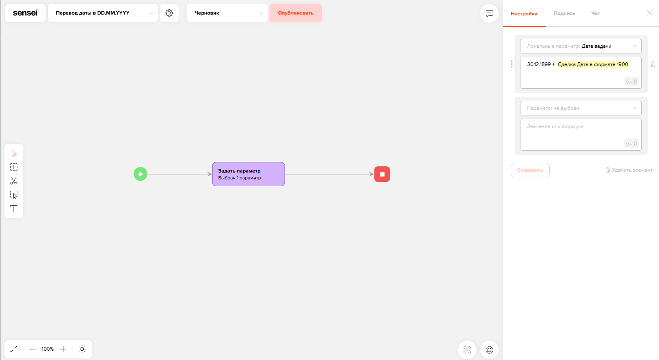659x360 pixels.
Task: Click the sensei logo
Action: coord(26,13)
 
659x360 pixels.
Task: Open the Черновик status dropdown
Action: coord(227,13)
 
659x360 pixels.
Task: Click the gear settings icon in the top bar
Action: coord(169,13)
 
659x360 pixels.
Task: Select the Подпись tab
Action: coord(564,13)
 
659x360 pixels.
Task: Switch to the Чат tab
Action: coord(595,13)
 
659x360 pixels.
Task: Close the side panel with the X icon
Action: coord(650,13)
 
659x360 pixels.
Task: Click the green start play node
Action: coord(140,174)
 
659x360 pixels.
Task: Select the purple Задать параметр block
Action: coord(249,174)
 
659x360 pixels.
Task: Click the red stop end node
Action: coord(382,174)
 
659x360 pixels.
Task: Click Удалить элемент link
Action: coord(629,170)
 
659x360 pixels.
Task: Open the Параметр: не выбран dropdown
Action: coord(581,108)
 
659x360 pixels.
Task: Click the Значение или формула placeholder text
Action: coord(555,126)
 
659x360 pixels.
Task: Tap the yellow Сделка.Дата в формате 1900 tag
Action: coord(593,64)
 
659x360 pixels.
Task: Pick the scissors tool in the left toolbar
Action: coord(14,181)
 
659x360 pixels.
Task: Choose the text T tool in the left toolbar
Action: coord(14,209)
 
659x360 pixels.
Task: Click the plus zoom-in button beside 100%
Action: coord(63,349)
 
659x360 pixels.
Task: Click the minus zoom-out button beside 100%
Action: coord(32,349)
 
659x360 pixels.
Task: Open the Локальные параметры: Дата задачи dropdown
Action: coord(581,46)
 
